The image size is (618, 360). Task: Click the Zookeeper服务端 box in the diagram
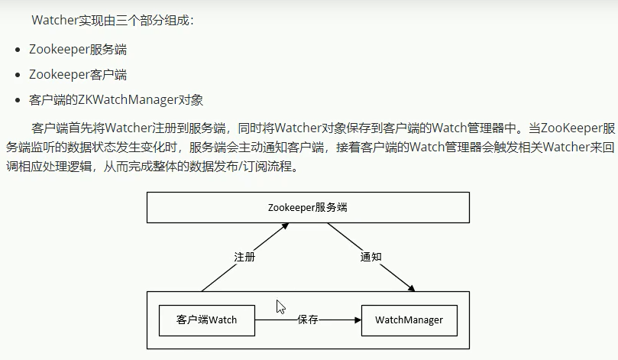tap(308, 207)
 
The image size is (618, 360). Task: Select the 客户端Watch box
tap(206, 320)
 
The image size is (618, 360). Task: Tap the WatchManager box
tap(409, 320)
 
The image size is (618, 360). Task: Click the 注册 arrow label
tap(244, 257)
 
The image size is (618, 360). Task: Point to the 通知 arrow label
tap(370, 257)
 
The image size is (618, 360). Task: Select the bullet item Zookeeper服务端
tap(77, 50)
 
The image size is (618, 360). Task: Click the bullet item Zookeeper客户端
tap(77, 74)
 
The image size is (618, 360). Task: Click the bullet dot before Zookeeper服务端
tap(17, 50)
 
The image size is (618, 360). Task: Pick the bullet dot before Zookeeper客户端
tap(17, 75)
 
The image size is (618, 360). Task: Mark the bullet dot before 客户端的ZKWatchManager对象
tap(17, 100)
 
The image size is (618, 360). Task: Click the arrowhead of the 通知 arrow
tap(412, 289)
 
